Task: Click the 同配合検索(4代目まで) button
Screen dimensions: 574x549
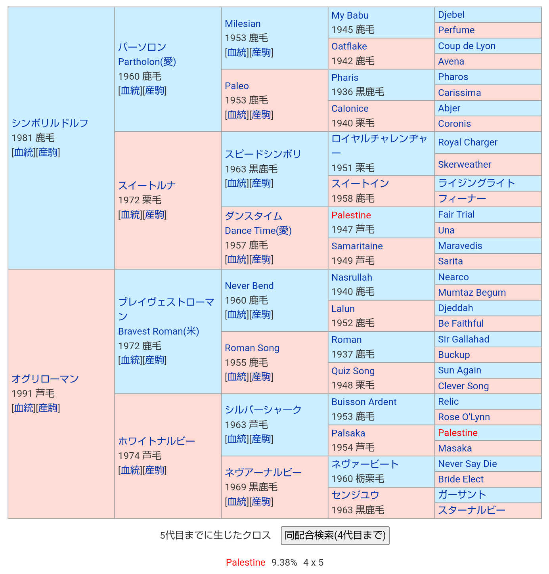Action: click(x=335, y=536)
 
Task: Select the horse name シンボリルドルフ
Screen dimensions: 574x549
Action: click(x=50, y=123)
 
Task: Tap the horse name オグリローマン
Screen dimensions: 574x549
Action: click(x=45, y=379)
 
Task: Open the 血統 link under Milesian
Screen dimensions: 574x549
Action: click(x=237, y=52)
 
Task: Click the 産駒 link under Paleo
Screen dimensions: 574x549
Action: click(x=262, y=115)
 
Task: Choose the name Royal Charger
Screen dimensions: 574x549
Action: click(x=468, y=142)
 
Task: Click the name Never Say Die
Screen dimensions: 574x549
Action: click(x=467, y=464)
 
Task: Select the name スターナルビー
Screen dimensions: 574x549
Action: click(x=472, y=510)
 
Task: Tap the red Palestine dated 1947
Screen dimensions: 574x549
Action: click(x=351, y=215)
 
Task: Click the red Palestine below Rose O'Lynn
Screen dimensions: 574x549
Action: click(x=458, y=433)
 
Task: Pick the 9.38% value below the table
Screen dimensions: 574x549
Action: click(x=284, y=563)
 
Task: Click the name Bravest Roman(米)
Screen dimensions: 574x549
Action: click(x=159, y=331)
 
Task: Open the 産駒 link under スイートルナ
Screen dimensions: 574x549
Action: click(x=155, y=214)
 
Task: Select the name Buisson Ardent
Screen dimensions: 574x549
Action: click(x=364, y=402)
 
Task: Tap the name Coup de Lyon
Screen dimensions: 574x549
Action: click(x=467, y=46)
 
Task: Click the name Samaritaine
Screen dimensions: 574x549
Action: click(x=357, y=246)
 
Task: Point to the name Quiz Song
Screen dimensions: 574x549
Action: click(x=353, y=371)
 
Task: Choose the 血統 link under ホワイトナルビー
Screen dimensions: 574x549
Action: click(x=130, y=470)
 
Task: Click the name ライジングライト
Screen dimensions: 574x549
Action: click(x=476, y=183)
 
